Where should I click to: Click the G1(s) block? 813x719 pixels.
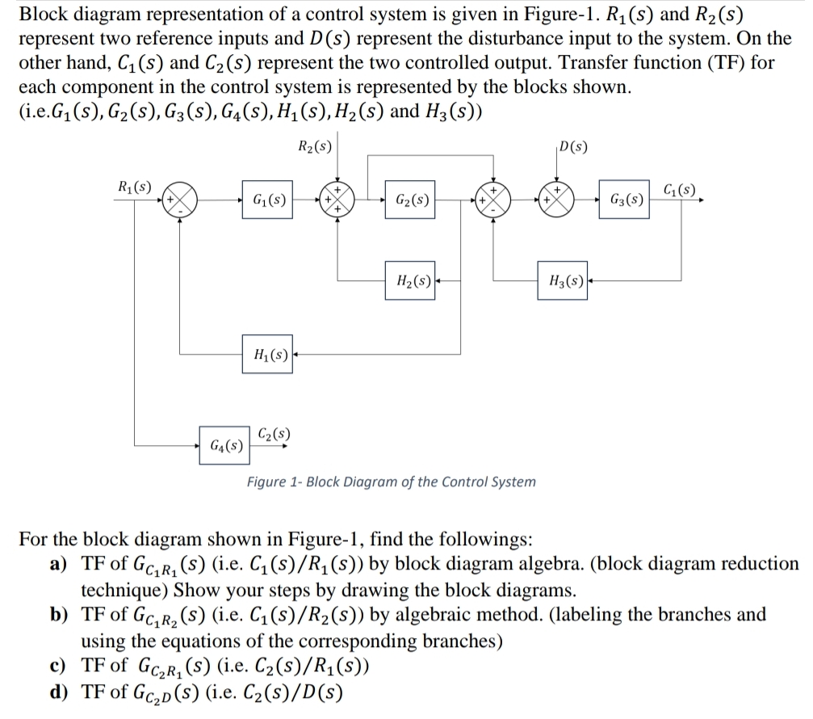pos(268,199)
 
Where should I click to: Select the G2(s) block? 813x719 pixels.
pos(411,199)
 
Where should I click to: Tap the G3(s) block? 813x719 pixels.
pos(627,199)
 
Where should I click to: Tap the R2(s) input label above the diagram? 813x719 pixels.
pos(314,148)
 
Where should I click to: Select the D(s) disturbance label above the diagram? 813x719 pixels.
pos(572,148)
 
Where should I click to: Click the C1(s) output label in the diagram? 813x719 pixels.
pos(677,191)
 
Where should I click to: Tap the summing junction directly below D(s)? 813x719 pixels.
pos(557,200)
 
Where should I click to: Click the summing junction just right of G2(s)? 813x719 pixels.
pos(492,200)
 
